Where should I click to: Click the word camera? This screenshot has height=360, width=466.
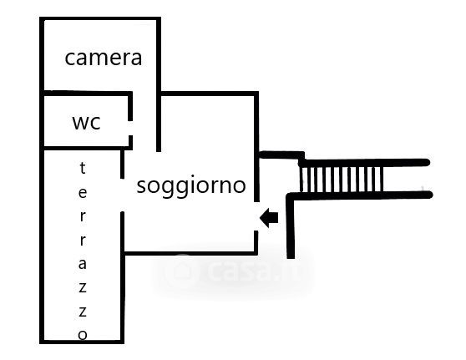tap(103, 58)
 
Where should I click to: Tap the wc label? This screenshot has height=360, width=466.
tap(87, 122)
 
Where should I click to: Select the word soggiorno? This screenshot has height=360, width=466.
tap(191, 186)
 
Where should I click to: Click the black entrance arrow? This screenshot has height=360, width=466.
tap(269, 218)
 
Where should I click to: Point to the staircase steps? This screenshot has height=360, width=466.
tap(341, 180)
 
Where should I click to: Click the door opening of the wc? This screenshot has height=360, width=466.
tap(130, 128)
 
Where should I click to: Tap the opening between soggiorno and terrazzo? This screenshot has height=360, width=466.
tap(122, 195)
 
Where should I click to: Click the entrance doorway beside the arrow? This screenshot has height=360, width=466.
tap(256, 216)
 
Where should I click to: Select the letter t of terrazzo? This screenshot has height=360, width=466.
tap(83, 168)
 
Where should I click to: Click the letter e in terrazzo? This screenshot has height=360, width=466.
tap(83, 193)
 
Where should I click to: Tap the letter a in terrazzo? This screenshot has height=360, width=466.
tap(83, 264)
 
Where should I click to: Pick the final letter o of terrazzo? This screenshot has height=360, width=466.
tap(83, 335)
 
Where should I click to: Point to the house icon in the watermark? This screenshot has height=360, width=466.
tap(182, 270)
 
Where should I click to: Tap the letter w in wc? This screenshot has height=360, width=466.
tap(80, 123)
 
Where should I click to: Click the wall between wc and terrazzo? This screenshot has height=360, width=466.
tap(86, 148)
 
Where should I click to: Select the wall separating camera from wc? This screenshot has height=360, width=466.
tap(86, 94)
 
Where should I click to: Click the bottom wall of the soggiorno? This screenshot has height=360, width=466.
tap(190, 253)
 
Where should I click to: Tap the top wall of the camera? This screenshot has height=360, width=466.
tap(100, 19)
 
